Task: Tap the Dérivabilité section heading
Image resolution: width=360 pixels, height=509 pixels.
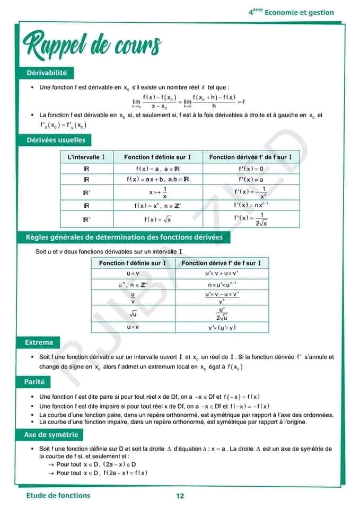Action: coord(47,73)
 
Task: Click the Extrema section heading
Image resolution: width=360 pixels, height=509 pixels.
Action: coord(39,343)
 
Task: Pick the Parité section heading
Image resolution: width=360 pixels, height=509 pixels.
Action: coord(35,382)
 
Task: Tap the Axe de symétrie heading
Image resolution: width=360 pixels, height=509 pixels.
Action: coord(51,435)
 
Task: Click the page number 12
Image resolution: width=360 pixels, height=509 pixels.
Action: coord(180,496)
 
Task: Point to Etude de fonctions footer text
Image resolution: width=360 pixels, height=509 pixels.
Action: coord(58,495)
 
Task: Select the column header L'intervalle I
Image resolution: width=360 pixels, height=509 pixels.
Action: coord(86,157)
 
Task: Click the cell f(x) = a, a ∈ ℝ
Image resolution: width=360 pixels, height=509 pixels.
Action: coord(157,169)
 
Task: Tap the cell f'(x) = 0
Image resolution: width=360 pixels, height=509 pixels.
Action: coord(251,169)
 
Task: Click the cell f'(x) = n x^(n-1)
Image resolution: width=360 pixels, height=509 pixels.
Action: coord(251,205)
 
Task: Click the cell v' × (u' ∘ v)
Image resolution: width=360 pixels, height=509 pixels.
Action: coord(222,327)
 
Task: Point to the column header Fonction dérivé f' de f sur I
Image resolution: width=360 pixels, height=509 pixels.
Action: coord(222,263)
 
